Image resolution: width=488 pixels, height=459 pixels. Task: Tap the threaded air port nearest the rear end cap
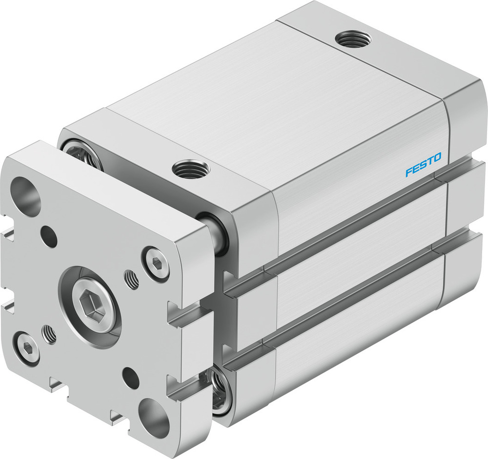coord(353,38)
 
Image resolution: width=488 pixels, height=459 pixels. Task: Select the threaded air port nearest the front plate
coord(190,170)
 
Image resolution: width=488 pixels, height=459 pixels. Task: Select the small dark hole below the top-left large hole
coord(49,236)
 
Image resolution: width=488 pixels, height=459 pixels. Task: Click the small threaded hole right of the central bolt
coord(132,279)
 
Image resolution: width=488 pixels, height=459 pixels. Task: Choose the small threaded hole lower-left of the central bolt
coord(49,334)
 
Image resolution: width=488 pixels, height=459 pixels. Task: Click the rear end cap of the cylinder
coord(464,195)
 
